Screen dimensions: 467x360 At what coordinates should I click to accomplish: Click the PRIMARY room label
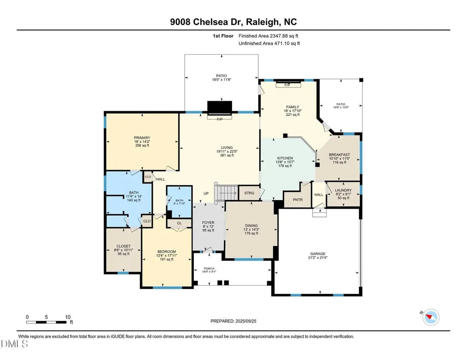142,138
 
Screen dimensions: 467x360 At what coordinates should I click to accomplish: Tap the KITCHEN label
285,158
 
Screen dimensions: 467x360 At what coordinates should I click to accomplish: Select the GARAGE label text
318,254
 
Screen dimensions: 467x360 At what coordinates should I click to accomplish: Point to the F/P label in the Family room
287,85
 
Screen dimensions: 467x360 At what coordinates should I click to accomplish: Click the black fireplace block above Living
219,108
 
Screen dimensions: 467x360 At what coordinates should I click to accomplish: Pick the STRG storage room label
249,193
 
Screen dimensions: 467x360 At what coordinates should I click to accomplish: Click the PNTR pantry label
297,200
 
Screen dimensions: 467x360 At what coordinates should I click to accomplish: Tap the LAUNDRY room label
343,190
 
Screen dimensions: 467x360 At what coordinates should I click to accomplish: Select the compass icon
431,317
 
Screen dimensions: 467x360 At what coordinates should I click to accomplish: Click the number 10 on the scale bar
67,317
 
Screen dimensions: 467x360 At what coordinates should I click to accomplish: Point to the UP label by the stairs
206,193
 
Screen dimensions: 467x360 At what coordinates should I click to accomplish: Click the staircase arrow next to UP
228,193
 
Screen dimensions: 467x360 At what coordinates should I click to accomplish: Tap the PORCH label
209,268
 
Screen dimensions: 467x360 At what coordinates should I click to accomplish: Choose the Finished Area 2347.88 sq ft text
268,36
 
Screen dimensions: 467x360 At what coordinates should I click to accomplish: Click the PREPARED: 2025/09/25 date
233,321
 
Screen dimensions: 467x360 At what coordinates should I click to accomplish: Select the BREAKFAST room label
339,155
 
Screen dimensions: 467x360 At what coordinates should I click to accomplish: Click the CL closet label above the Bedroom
179,223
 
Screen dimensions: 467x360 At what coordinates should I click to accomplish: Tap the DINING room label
251,226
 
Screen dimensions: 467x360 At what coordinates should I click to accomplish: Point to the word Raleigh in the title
263,22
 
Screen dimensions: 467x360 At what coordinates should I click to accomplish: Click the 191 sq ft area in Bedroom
166,259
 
